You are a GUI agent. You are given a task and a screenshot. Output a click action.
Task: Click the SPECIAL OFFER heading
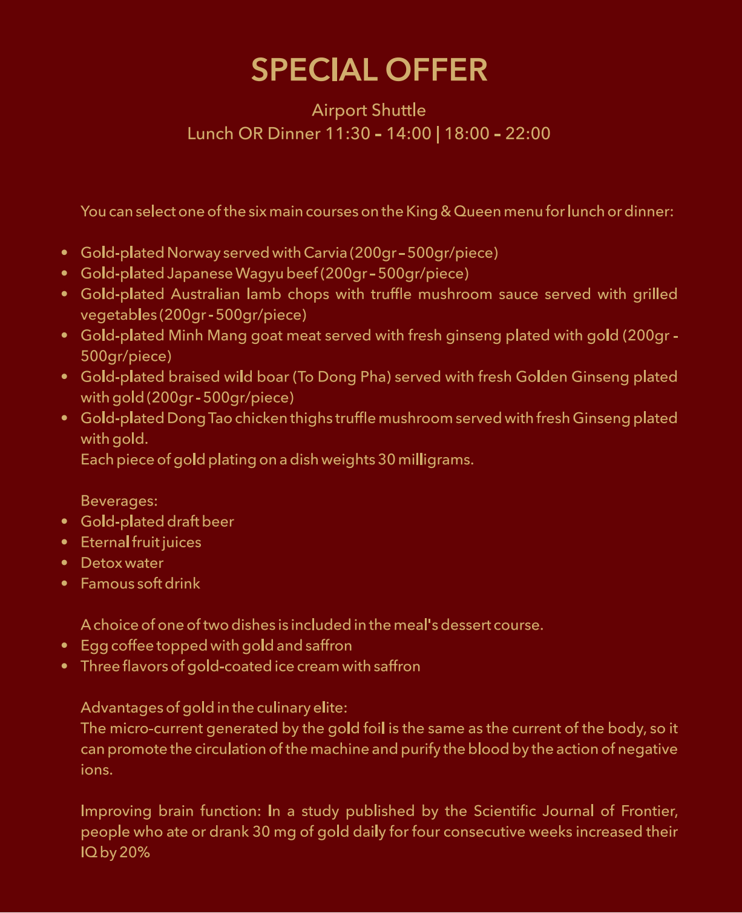(x=369, y=70)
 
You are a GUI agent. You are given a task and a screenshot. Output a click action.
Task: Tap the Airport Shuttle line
(x=369, y=110)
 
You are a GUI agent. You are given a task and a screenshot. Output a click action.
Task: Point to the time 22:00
(x=528, y=133)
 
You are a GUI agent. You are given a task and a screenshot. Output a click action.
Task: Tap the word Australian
(x=205, y=294)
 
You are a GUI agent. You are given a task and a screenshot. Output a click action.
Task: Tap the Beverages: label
(x=119, y=501)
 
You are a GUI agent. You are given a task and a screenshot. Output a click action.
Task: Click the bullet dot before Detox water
(x=65, y=563)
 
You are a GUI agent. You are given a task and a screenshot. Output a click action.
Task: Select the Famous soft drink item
(x=140, y=584)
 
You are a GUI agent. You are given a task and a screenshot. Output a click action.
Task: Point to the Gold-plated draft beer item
(x=157, y=522)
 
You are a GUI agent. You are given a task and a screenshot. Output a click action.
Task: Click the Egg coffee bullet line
(x=216, y=645)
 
